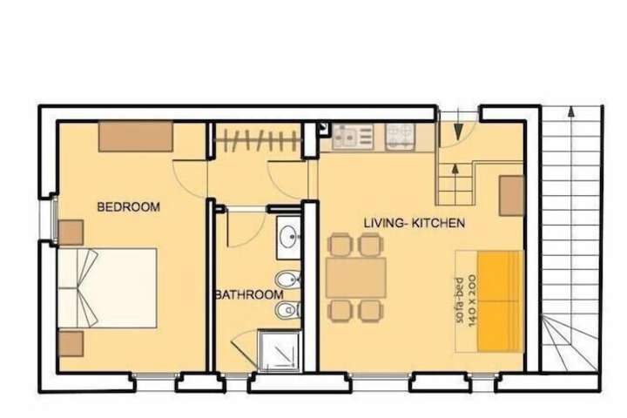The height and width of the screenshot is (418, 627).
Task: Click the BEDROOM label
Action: point(128,206)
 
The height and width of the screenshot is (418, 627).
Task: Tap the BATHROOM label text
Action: point(250,295)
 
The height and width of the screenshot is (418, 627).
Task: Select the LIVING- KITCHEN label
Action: point(415,223)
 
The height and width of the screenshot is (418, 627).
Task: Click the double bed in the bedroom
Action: point(107,288)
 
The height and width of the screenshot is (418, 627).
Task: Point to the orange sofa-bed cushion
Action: point(501,301)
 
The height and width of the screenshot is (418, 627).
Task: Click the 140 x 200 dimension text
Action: point(472,300)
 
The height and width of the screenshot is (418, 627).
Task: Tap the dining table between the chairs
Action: point(355,278)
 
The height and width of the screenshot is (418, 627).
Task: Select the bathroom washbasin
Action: point(288,237)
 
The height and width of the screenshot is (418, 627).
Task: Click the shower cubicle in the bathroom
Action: point(280,351)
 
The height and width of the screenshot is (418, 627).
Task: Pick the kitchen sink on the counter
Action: point(353,136)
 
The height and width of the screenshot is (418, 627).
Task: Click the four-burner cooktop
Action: point(400,136)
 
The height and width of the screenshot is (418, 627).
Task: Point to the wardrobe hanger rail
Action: point(258,139)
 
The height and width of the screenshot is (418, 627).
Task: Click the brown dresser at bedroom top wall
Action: point(136,137)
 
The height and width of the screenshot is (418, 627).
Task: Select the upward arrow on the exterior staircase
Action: point(571,112)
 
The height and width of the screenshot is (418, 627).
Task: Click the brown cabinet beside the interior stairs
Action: point(511,196)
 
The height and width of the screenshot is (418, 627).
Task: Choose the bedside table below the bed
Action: point(71,344)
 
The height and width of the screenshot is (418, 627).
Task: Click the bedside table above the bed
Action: point(71,233)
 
